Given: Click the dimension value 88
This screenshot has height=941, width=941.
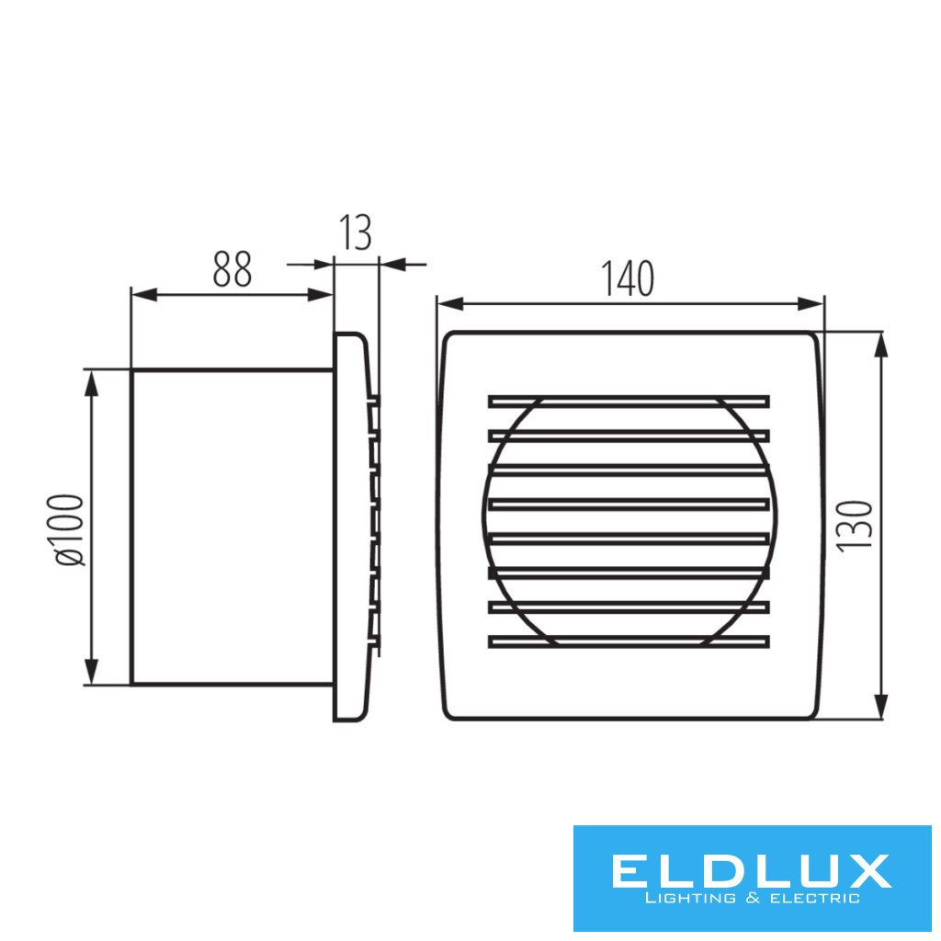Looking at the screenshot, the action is click(x=232, y=269).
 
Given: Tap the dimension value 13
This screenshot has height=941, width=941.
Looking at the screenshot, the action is click(x=356, y=232).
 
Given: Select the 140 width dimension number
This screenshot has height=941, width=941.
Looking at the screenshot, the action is click(x=628, y=278).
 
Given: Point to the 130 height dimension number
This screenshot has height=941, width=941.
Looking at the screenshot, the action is click(x=854, y=526).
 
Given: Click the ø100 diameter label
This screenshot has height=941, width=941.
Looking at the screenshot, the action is click(x=70, y=529).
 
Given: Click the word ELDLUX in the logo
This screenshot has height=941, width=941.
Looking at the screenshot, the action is click(x=752, y=871).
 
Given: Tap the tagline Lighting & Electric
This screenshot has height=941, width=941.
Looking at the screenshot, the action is click(x=752, y=899).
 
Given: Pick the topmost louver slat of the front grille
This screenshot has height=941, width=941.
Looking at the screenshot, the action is click(x=629, y=402).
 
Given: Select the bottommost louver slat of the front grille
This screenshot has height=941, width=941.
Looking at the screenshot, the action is click(x=629, y=641).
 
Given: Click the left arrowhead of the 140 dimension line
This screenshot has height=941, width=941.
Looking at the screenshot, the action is click(x=450, y=303).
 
